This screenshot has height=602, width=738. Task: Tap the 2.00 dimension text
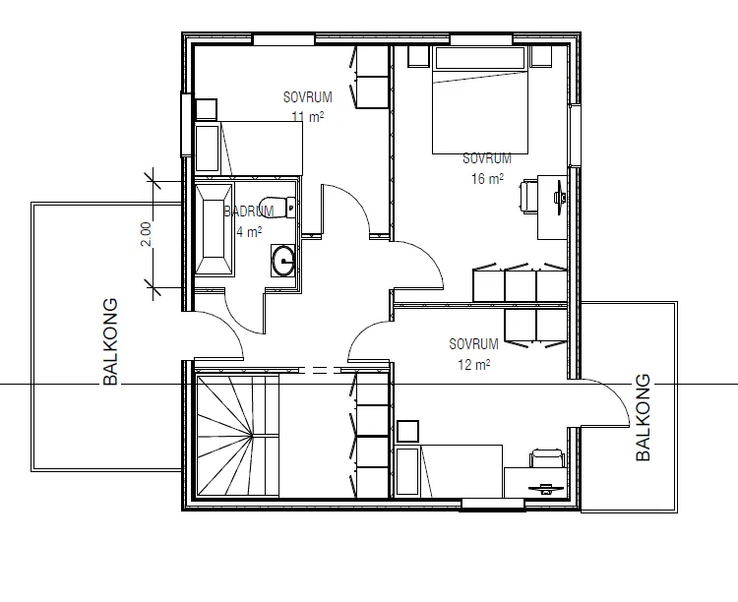pos(146,233)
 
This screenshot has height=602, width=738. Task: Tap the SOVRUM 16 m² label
pos(487,168)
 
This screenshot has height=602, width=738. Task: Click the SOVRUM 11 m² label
pos(307,106)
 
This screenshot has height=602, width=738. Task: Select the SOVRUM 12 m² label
pos(473,354)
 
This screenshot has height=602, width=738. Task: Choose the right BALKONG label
pos(644,417)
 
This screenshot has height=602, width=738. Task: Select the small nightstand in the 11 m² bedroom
pos(206,109)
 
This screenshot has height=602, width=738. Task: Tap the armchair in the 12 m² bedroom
pos(546,459)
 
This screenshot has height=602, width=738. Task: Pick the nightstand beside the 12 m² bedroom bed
pos(407,430)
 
